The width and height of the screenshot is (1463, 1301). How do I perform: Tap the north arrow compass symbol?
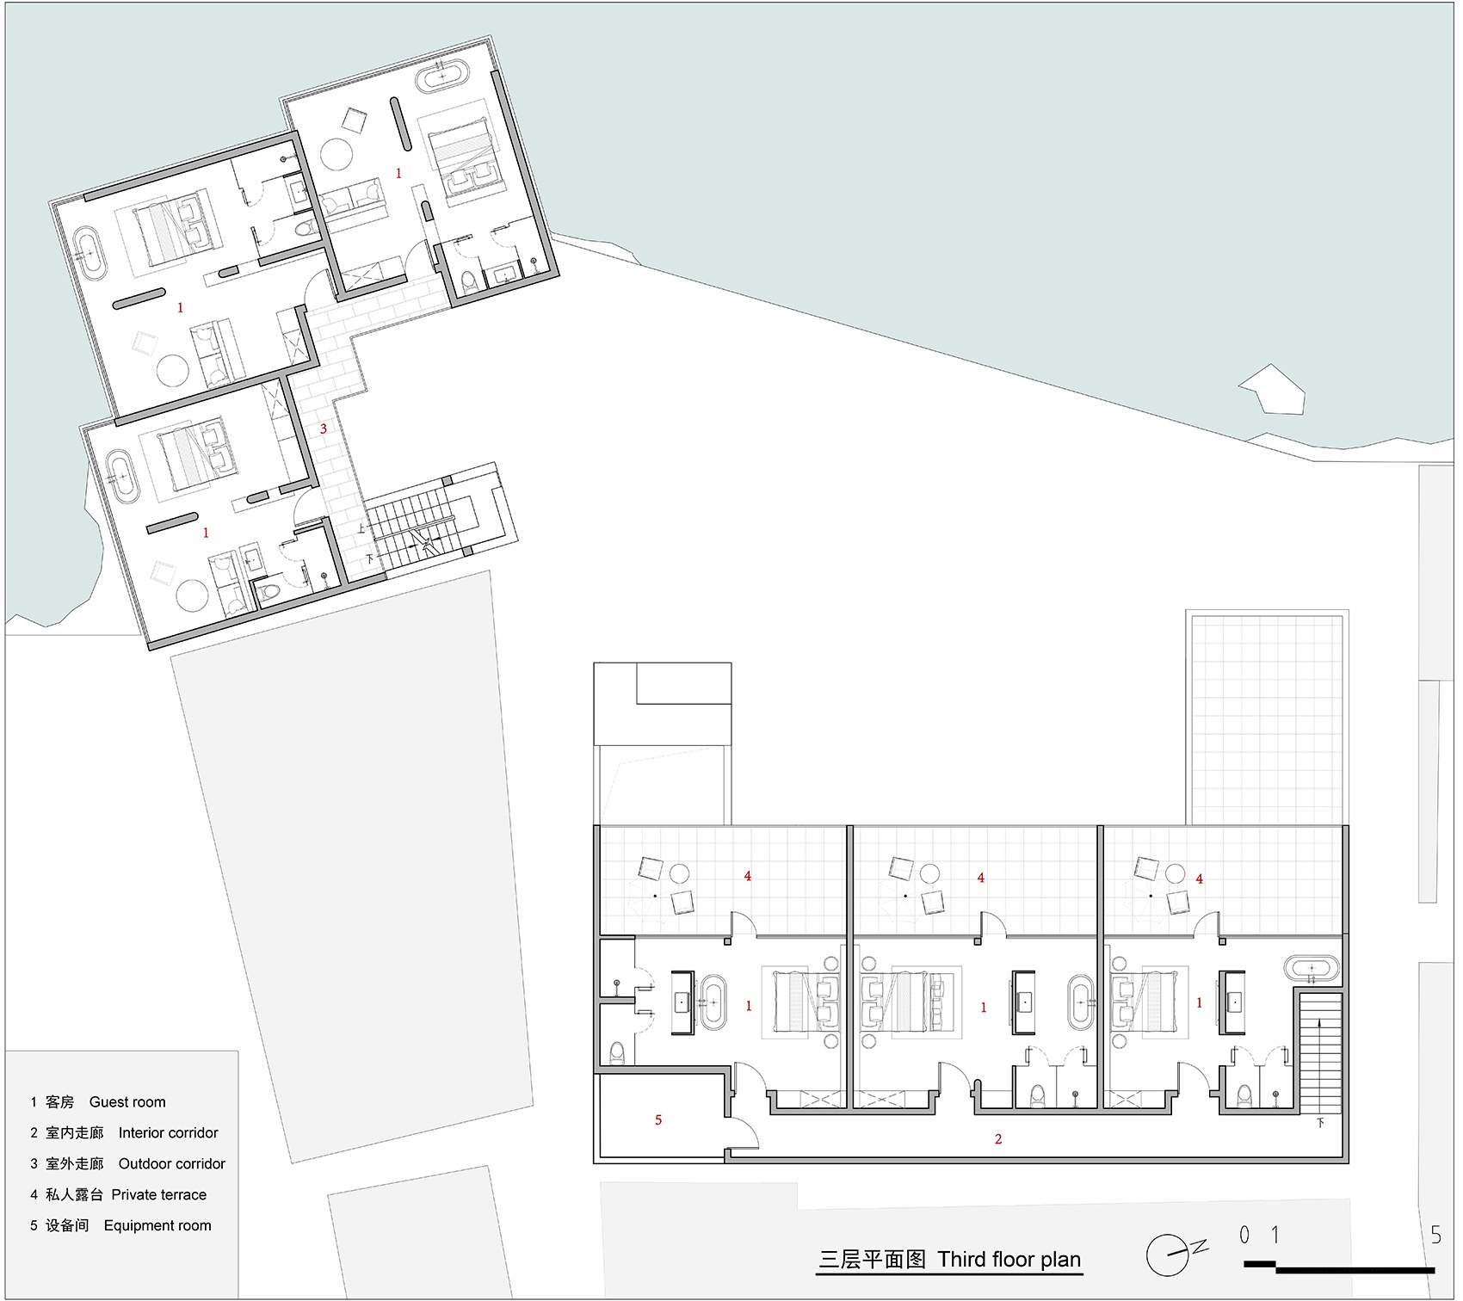point(1169,1255)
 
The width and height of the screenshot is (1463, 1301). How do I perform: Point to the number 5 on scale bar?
point(1435,1236)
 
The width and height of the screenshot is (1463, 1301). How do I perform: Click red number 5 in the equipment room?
point(658,1119)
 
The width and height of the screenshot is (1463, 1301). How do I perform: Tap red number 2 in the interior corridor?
point(998,1139)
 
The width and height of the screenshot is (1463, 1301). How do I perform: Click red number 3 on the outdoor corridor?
point(324,429)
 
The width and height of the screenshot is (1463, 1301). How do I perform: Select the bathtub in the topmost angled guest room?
point(443,77)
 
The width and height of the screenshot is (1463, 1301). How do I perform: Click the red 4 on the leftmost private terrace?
point(748,876)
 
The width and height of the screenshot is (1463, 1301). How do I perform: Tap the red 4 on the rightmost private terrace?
point(1200,879)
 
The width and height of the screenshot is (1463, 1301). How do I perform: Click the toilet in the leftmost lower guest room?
point(616,1051)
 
